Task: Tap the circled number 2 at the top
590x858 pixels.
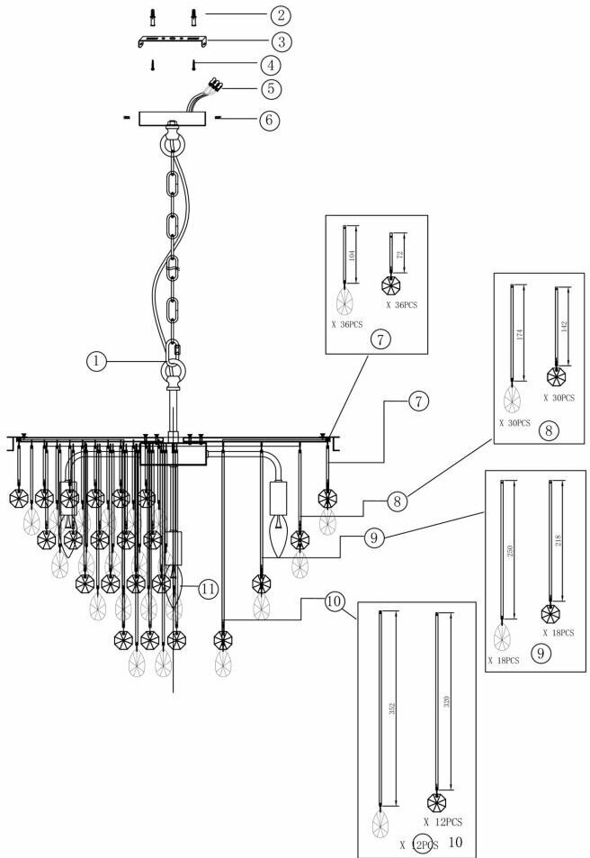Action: coord(258,15)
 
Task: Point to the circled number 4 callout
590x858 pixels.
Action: coord(258,65)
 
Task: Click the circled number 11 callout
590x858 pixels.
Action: coord(208,590)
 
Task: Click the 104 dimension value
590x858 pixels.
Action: coord(350,255)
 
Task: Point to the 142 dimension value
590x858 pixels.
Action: coord(564,325)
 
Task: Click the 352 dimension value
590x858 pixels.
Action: coord(389,707)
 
